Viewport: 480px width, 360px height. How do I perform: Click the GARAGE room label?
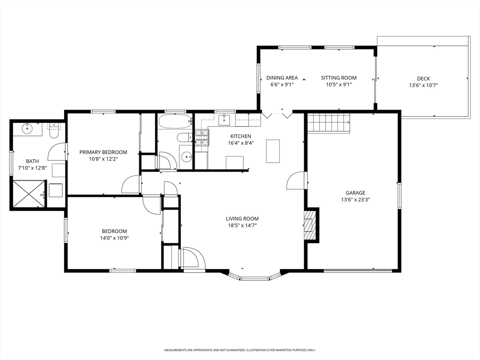(x=355, y=193)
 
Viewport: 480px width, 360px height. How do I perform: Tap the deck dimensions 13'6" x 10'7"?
(x=423, y=85)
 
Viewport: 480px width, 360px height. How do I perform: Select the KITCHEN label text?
(x=240, y=136)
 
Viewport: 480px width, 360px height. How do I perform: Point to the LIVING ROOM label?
(x=242, y=218)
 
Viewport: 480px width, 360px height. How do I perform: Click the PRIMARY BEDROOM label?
(x=103, y=152)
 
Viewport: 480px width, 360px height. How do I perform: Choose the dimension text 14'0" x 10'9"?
(x=114, y=238)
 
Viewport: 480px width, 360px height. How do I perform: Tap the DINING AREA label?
(x=282, y=78)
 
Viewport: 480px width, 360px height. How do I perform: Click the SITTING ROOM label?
(x=338, y=78)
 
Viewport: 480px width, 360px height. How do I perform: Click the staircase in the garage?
(x=329, y=123)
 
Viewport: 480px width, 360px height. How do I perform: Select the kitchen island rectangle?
(x=273, y=151)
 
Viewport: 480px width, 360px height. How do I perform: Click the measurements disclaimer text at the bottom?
(x=240, y=350)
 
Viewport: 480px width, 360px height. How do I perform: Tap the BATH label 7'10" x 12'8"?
(x=32, y=164)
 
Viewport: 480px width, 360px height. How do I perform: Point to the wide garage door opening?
(x=358, y=270)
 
